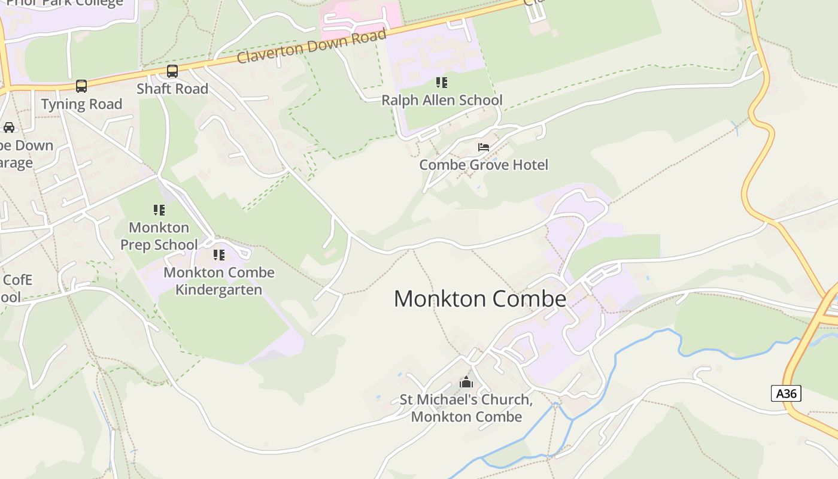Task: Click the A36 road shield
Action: tap(786, 393)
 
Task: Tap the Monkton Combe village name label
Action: tap(479, 299)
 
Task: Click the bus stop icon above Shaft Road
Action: tap(172, 71)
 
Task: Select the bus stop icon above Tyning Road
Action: tap(81, 86)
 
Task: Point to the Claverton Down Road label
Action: tap(312, 46)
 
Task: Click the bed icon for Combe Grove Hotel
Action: tap(484, 147)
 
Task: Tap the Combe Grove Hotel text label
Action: tap(484, 165)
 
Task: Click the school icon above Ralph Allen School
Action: tap(442, 83)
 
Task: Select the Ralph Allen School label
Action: tap(442, 100)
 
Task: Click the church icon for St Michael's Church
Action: tap(466, 382)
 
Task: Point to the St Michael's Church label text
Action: tap(466, 408)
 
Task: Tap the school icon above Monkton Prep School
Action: tap(159, 210)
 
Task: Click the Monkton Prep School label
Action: tap(159, 236)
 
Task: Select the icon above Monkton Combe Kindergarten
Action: tap(219, 255)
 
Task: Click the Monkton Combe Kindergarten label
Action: tap(219, 281)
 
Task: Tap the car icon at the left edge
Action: tap(9, 128)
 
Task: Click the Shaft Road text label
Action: tap(172, 89)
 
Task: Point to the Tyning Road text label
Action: tap(81, 104)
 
